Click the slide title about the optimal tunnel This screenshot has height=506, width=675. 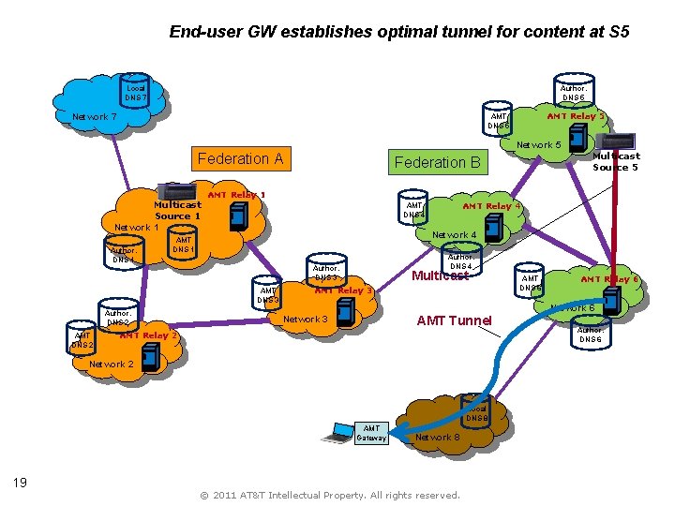(x=398, y=32)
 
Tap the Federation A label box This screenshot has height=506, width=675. (x=240, y=158)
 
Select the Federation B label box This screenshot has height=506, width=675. (x=437, y=162)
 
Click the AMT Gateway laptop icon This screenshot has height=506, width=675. (x=336, y=432)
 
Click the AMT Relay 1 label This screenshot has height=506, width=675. (x=235, y=195)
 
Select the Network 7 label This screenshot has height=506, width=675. (x=95, y=117)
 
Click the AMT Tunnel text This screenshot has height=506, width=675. (x=454, y=320)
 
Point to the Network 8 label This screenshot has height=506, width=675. (x=437, y=437)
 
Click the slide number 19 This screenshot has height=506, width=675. (x=19, y=483)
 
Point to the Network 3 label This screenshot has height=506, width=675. (x=306, y=320)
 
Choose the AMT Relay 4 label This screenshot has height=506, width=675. (x=491, y=206)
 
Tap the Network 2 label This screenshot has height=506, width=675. (x=111, y=364)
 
